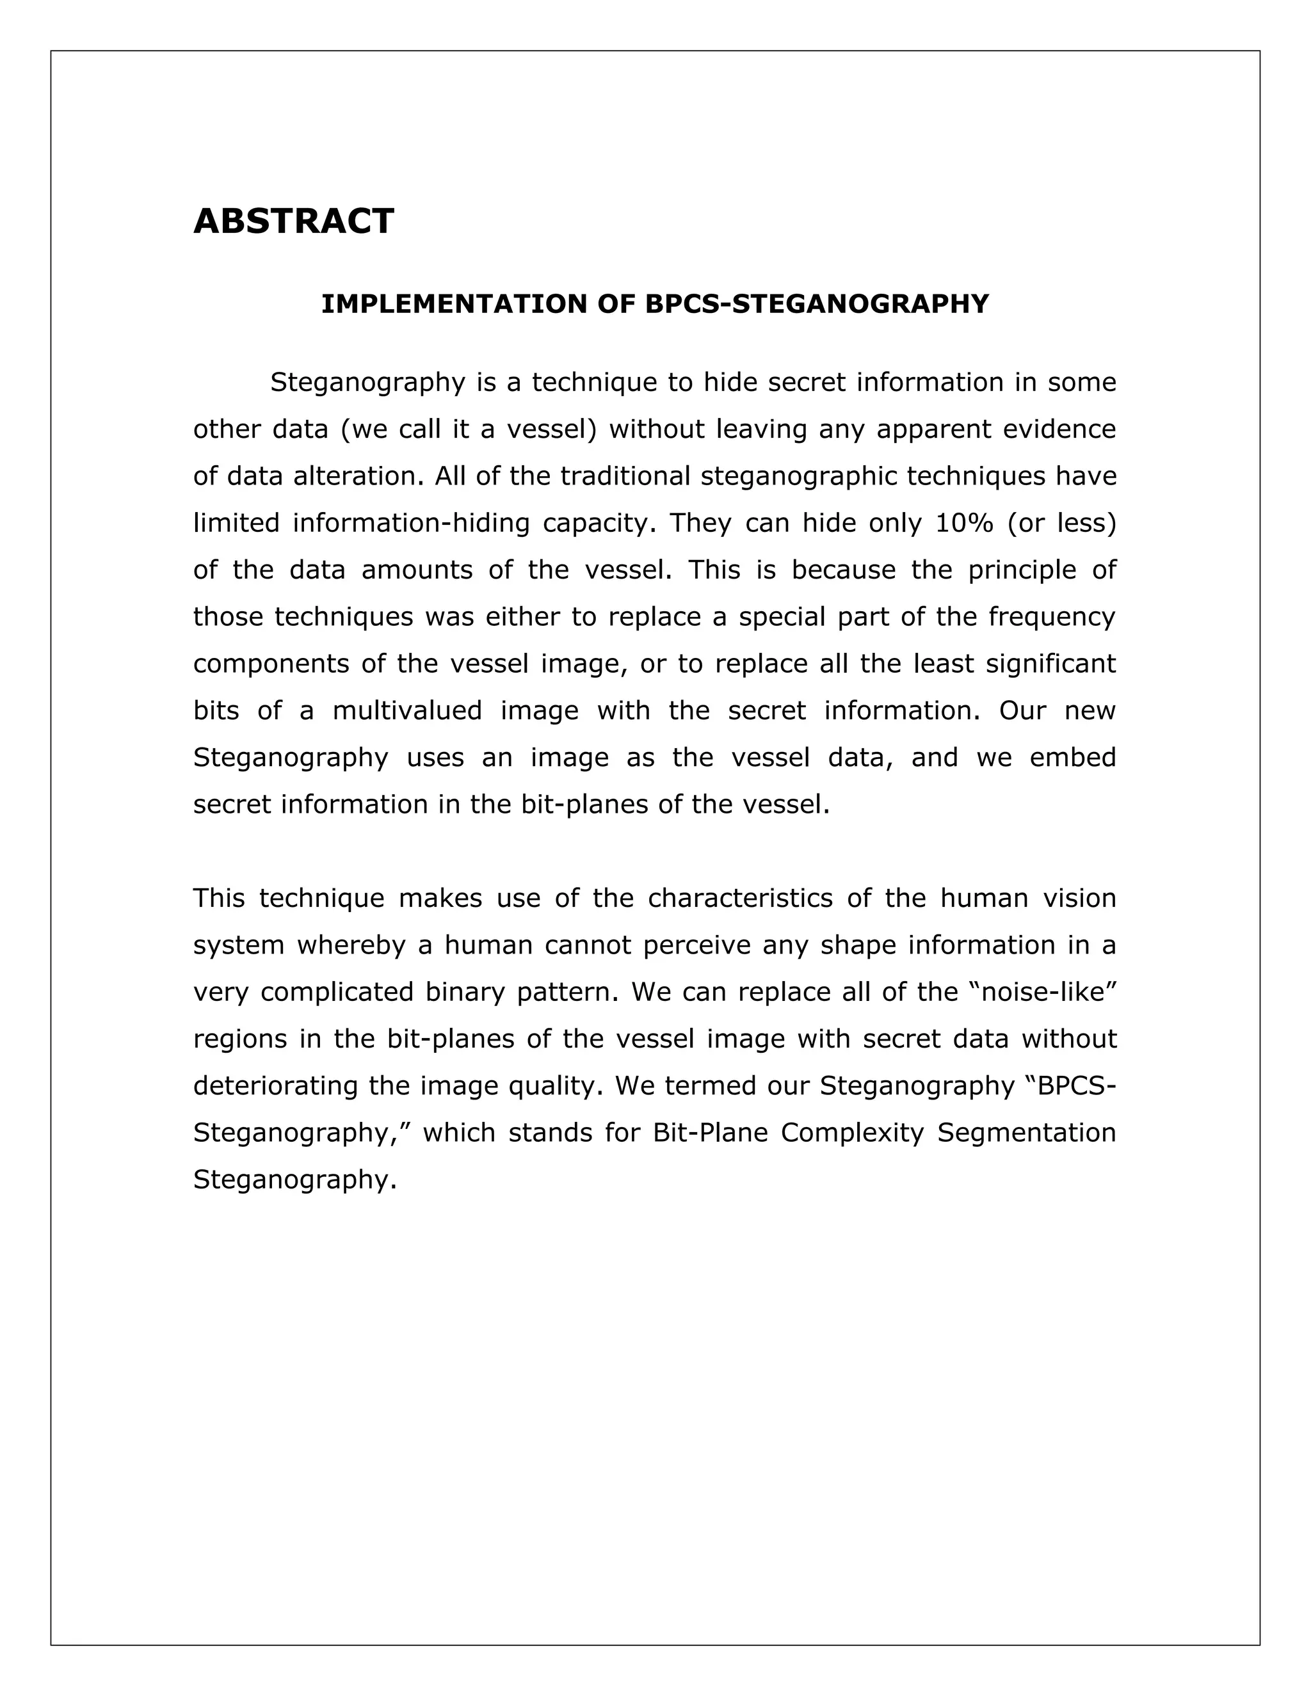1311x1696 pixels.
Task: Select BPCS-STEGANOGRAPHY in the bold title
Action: pyautogui.click(x=817, y=303)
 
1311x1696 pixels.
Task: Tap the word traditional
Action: pyautogui.click(x=625, y=476)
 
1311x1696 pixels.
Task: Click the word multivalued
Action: pyautogui.click(x=407, y=710)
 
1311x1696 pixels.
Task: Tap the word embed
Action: pyautogui.click(x=1073, y=757)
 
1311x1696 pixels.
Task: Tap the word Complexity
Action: pyautogui.click(x=852, y=1132)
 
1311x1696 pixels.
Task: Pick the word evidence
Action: pyautogui.click(x=1059, y=429)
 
